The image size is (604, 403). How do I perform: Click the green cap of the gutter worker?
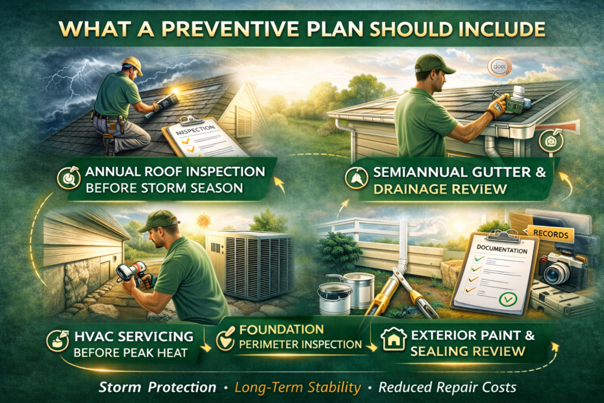[435, 63]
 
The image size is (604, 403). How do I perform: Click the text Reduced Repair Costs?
[448, 387]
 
